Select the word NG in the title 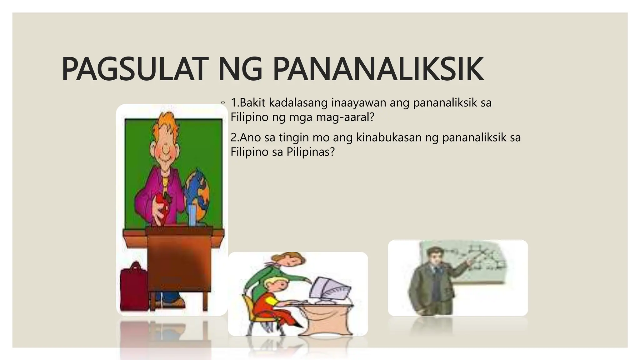pyautogui.click(x=240, y=69)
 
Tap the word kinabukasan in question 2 pyautogui.click(x=389, y=137)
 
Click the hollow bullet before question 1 pyautogui.click(x=222, y=102)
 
